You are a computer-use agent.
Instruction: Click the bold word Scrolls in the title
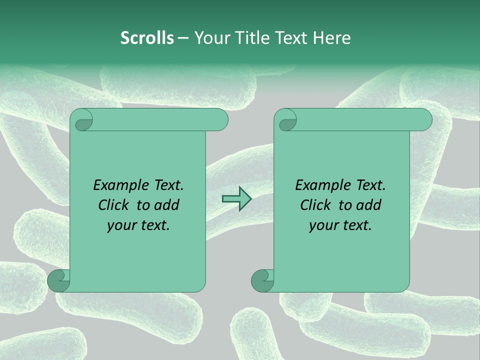click(x=147, y=38)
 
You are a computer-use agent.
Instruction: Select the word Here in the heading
click(x=331, y=38)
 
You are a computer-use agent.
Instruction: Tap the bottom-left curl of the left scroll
click(x=58, y=280)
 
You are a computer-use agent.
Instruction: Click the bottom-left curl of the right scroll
click(x=262, y=280)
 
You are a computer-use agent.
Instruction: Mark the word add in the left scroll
click(x=167, y=205)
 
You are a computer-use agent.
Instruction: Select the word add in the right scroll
click(x=369, y=205)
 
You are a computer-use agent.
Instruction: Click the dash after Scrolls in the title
click(x=183, y=38)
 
